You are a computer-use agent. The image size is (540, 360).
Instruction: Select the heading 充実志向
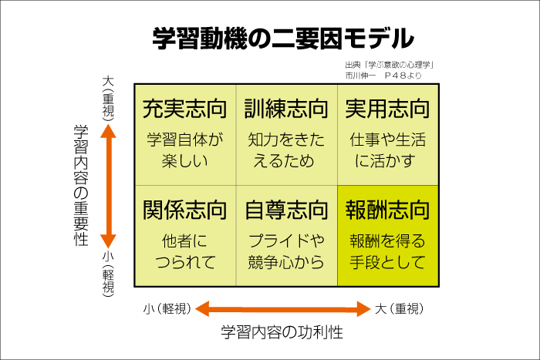(x=184, y=109)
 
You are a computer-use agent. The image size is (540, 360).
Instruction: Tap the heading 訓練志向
(x=286, y=109)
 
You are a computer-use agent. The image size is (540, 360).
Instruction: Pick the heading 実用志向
(x=387, y=109)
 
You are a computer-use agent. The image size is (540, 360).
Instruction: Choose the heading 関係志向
(x=184, y=209)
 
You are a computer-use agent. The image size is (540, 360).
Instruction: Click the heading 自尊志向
(x=286, y=209)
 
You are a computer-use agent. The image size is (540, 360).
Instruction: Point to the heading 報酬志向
(x=387, y=209)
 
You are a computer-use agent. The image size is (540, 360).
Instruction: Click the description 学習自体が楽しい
(x=184, y=151)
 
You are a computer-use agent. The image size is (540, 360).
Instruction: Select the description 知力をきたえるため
(x=286, y=151)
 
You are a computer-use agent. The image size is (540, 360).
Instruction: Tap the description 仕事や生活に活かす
(x=387, y=151)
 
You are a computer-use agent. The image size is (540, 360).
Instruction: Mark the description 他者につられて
(x=184, y=251)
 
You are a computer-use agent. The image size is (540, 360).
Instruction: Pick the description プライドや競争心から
(x=286, y=251)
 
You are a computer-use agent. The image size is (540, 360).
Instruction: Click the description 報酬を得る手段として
(x=387, y=251)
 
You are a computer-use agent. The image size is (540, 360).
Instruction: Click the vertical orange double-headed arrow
(x=109, y=185)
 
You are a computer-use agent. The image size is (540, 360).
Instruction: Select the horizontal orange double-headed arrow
(x=282, y=310)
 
